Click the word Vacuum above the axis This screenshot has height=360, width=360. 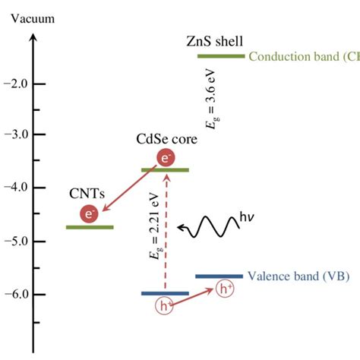tap(32, 18)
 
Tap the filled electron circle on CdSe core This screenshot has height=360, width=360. tap(166, 158)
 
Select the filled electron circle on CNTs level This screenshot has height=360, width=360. tap(90, 215)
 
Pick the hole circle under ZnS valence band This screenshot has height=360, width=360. tap(226, 289)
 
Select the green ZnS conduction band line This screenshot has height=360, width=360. tap(221, 56)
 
